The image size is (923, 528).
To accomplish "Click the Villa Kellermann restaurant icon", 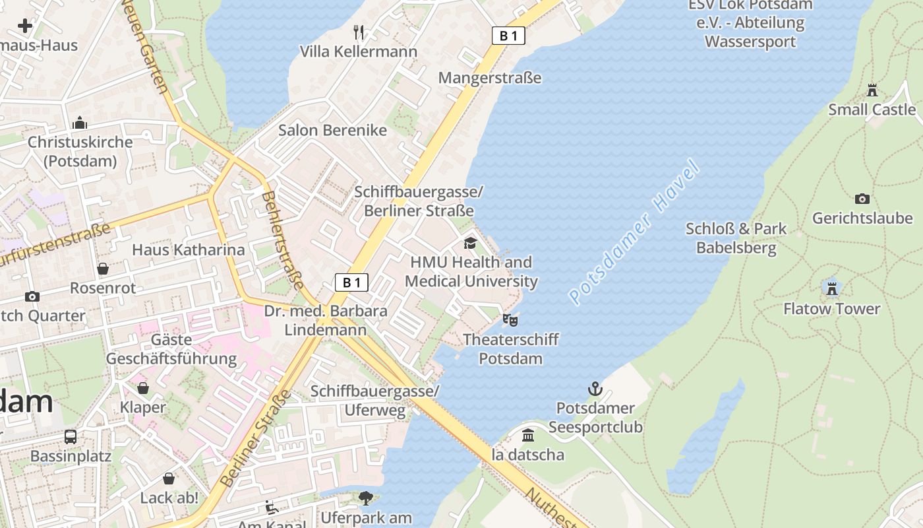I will [359, 32].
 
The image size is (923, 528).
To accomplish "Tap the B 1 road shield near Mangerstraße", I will [508, 36].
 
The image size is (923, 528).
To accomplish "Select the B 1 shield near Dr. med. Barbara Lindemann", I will [351, 283].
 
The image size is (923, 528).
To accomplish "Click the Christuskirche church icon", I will [80, 123].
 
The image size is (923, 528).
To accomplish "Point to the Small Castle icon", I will [872, 90].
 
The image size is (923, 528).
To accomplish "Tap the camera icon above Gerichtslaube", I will [862, 199].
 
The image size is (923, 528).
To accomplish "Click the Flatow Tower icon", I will [831, 288].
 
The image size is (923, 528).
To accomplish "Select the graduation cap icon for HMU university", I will [470, 243].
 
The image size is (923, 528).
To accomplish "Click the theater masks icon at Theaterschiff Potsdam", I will [510, 320].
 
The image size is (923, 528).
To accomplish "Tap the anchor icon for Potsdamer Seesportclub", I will [595, 388].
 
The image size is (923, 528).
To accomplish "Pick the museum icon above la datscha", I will [527, 436].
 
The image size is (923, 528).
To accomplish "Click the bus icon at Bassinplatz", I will [71, 436].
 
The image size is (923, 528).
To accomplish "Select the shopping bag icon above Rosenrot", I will [103, 269].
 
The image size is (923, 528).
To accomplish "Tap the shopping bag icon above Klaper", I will [143, 387].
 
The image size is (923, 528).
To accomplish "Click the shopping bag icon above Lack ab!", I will [169, 478].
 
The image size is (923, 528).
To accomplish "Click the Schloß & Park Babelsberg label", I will [736, 238].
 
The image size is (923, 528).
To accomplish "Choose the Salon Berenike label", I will [332, 130].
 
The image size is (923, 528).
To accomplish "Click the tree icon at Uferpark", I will [365, 498].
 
